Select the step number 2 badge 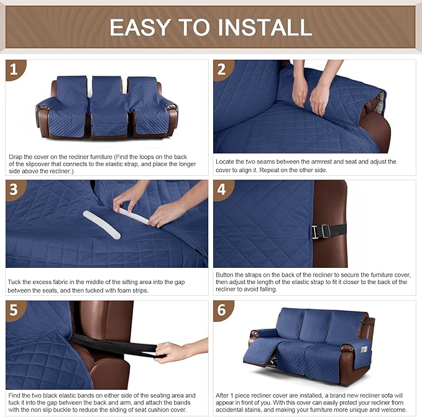tap(222, 70)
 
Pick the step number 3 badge tap(15, 190)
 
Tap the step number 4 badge tap(222, 190)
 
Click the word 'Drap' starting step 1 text tap(16, 157)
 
